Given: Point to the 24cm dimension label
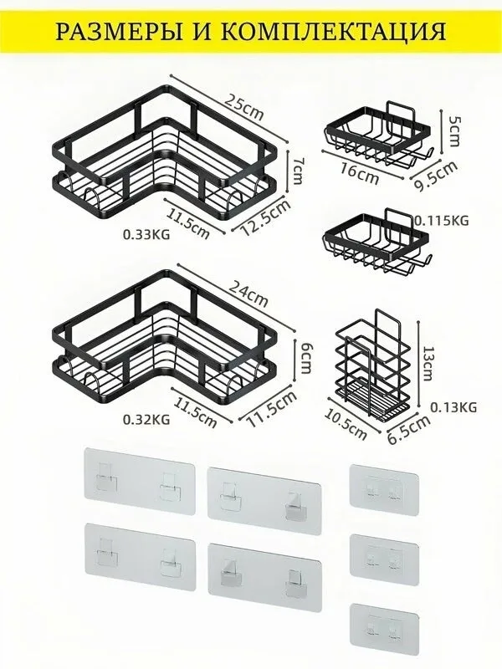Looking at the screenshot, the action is [x=248, y=294].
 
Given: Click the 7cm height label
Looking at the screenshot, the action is [x=297, y=170].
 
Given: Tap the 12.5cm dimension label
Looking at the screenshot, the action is [x=265, y=217].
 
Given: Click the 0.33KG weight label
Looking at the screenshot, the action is [x=146, y=234].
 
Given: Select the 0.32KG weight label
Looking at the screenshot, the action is [x=146, y=420].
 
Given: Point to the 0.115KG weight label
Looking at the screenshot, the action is [x=442, y=220].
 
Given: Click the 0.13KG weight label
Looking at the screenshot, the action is [x=453, y=407].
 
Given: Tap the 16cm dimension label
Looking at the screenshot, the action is [x=360, y=174].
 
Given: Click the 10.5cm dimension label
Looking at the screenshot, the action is [x=346, y=424].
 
